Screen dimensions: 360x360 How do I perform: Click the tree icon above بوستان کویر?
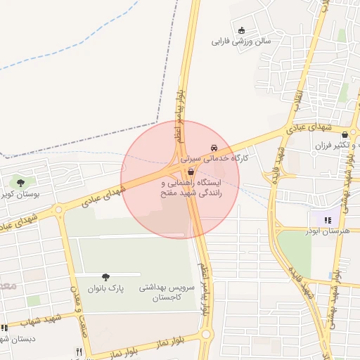click(19, 184)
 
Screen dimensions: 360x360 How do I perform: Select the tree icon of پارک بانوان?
click(105, 278)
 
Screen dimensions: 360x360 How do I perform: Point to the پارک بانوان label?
click(105, 288)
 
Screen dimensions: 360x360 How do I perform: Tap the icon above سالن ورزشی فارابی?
click(242, 30)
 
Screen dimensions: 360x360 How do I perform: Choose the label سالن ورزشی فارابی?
click(241, 41)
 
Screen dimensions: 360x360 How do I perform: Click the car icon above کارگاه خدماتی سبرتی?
click(213, 148)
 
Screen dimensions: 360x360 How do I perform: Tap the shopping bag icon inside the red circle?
click(191, 171)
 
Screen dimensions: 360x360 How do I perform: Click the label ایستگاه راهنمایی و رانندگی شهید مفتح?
click(191, 186)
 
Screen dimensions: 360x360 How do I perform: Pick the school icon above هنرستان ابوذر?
click(326, 220)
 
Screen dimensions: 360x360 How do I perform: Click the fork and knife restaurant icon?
click(79, 352)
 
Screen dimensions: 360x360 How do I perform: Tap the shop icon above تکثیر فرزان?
click(345, 134)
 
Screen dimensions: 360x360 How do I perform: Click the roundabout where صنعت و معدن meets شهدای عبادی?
click(58, 209)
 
